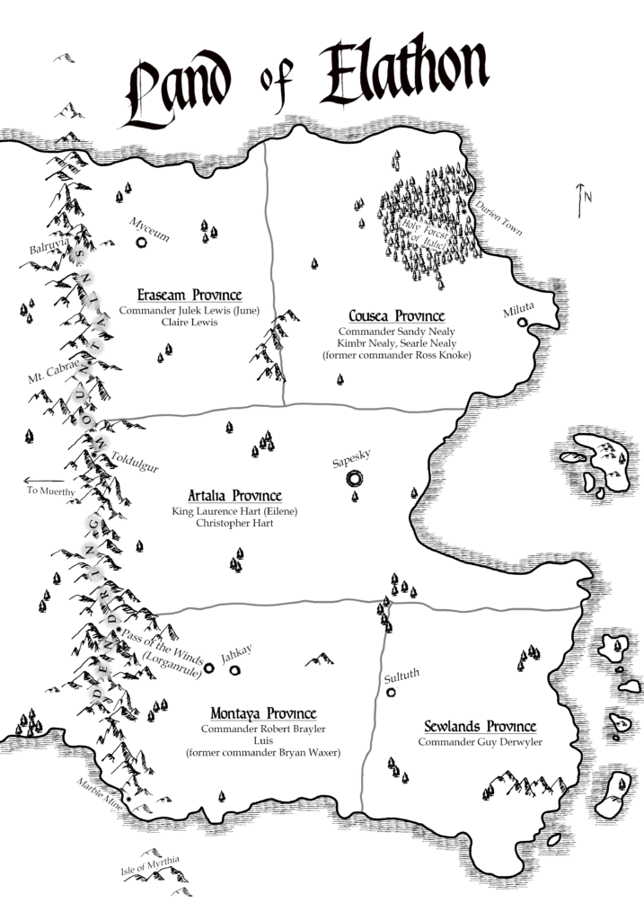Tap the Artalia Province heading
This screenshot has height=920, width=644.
[x=234, y=496]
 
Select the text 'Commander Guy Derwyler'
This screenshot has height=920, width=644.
[x=480, y=742]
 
